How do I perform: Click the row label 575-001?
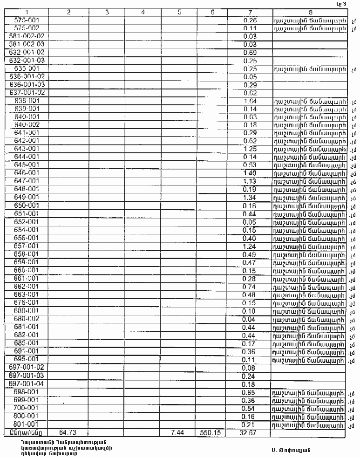point(27,20)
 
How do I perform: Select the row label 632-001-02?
point(27,52)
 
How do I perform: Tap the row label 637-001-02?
point(27,93)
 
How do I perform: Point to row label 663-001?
point(27,294)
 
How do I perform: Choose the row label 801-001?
point(27,424)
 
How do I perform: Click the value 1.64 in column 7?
point(250,101)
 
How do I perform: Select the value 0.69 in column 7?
point(250,52)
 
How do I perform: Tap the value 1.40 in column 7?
point(250,173)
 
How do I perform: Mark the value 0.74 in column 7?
point(250,287)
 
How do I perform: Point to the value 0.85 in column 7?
point(250,392)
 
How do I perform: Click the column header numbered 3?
point(107,12)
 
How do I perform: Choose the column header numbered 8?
point(310,12)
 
